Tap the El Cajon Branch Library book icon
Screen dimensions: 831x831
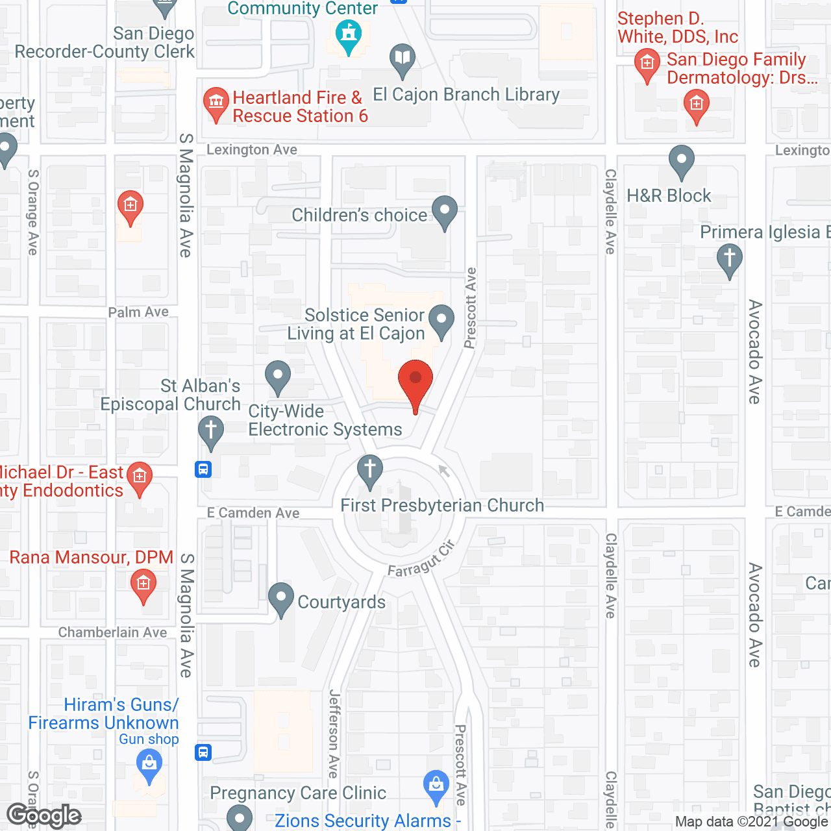(403, 58)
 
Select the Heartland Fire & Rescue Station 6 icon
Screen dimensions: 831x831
(216, 103)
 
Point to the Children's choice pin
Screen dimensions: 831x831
(445, 211)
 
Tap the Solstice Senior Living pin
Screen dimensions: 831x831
(442, 320)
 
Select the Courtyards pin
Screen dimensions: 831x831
(281, 599)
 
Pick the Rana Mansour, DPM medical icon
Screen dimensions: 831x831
(143, 584)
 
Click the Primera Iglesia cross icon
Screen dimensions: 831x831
(729, 258)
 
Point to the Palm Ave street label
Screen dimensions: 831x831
(138, 312)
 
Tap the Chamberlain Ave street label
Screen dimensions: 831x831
(112, 632)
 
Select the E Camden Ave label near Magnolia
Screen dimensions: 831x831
(253, 513)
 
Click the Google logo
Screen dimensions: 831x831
(44, 815)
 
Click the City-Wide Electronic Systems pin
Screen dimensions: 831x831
(278, 376)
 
